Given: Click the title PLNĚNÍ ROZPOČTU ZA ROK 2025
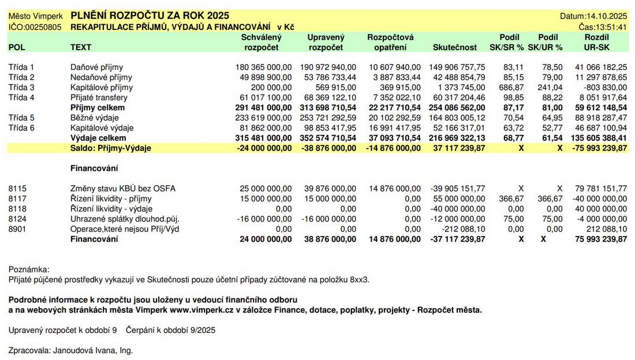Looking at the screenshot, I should (150, 16).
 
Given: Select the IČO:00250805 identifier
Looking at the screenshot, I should (35, 27).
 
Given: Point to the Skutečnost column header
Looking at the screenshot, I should (455, 47).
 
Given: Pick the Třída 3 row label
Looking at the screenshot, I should (22, 87).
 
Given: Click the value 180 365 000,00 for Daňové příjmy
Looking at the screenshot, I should (264, 67).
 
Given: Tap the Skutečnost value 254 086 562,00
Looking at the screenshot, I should (458, 107).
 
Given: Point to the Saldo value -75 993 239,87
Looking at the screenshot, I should (597, 148).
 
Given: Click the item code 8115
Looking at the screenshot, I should (18, 188).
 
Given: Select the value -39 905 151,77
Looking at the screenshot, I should (458, 188).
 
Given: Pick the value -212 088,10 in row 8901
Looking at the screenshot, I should (462, 228).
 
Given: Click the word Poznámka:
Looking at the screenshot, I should (29, 269).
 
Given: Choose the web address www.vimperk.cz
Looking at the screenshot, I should (197, 310).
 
